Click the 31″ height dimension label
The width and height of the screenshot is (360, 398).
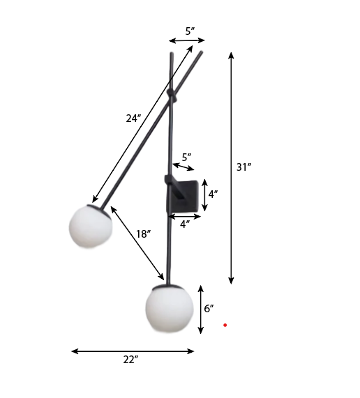(x=243, y=167)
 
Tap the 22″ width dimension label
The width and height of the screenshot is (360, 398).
(x=130, y=359)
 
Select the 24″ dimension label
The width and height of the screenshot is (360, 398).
(x=133, y=118)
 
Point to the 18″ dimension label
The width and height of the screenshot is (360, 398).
(x=143, y=234)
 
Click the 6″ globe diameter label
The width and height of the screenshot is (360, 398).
(x=209, y=308)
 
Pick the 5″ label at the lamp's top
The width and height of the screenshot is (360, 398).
(x=190, y=31)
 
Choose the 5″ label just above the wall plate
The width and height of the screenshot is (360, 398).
(x=186, y=157)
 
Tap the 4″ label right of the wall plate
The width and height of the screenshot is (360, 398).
(x=214, y=194)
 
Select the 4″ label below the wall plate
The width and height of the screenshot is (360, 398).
(x=185, y=224)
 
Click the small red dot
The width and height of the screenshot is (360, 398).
(x=225, y=325)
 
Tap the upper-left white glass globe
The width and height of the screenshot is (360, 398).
(x=90, y=229)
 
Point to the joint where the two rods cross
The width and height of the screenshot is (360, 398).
(x=172, y=95)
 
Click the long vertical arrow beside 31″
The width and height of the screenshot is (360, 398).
(x=232, y=167)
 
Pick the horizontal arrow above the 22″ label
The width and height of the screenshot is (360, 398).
(x=133, y=351)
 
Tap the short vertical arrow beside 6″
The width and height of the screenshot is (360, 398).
(x=201, y=309)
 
